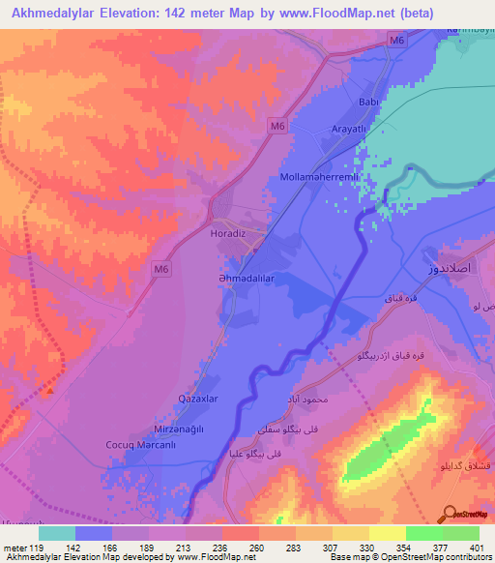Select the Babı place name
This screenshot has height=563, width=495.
point(367,101)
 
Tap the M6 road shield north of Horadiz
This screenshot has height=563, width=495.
point(277,126)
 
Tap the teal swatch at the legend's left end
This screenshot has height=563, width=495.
point(56,533)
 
